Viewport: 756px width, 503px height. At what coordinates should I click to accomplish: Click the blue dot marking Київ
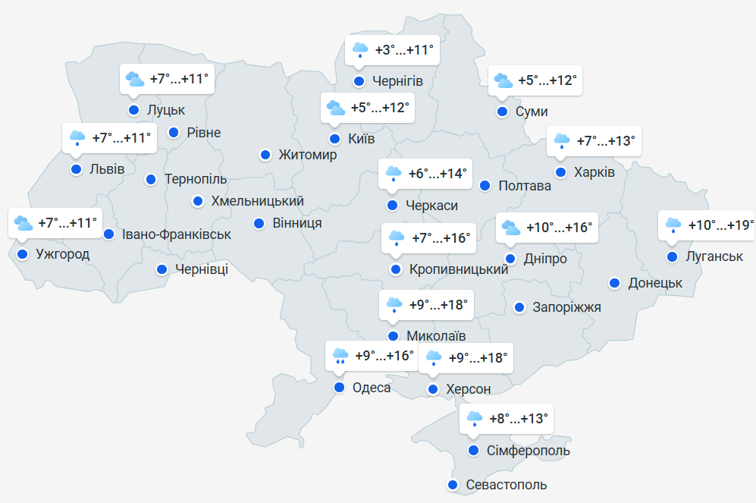point(334,139)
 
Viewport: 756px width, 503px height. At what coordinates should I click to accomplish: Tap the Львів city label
point(107,169)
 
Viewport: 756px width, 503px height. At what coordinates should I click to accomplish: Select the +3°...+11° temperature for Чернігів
point(404,51)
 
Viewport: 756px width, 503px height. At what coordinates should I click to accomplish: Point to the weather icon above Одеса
point(340,356)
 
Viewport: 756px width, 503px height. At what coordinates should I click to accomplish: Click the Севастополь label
point(507,485)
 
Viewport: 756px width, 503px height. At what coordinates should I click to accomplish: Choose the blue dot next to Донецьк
point(615,283)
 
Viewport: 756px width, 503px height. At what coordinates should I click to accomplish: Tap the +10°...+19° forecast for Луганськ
point(721,225)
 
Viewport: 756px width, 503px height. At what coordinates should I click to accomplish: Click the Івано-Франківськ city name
point(177,234)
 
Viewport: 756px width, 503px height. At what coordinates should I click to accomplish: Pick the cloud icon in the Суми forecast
point(502,80)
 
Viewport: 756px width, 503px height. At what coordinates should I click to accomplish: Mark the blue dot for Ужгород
point(22,254)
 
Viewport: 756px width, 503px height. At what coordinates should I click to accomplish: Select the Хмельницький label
point(258,201)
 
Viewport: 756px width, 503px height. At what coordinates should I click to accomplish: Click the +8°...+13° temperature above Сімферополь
point(518,418)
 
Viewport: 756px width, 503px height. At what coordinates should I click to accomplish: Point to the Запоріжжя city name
point(567,307)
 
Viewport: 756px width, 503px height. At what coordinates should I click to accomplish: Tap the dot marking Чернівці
point(162,269)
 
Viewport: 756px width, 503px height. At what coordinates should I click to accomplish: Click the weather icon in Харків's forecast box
point(562,141)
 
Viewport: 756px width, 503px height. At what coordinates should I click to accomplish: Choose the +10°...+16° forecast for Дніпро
point(559,228)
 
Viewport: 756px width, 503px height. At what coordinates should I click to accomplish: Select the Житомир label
point(308,155)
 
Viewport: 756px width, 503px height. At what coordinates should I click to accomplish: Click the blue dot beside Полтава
point(485,186)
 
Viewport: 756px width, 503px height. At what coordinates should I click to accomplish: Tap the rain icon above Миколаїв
point(394,305)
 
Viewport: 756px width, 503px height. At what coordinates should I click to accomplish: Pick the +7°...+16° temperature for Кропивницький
point(441,238)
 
